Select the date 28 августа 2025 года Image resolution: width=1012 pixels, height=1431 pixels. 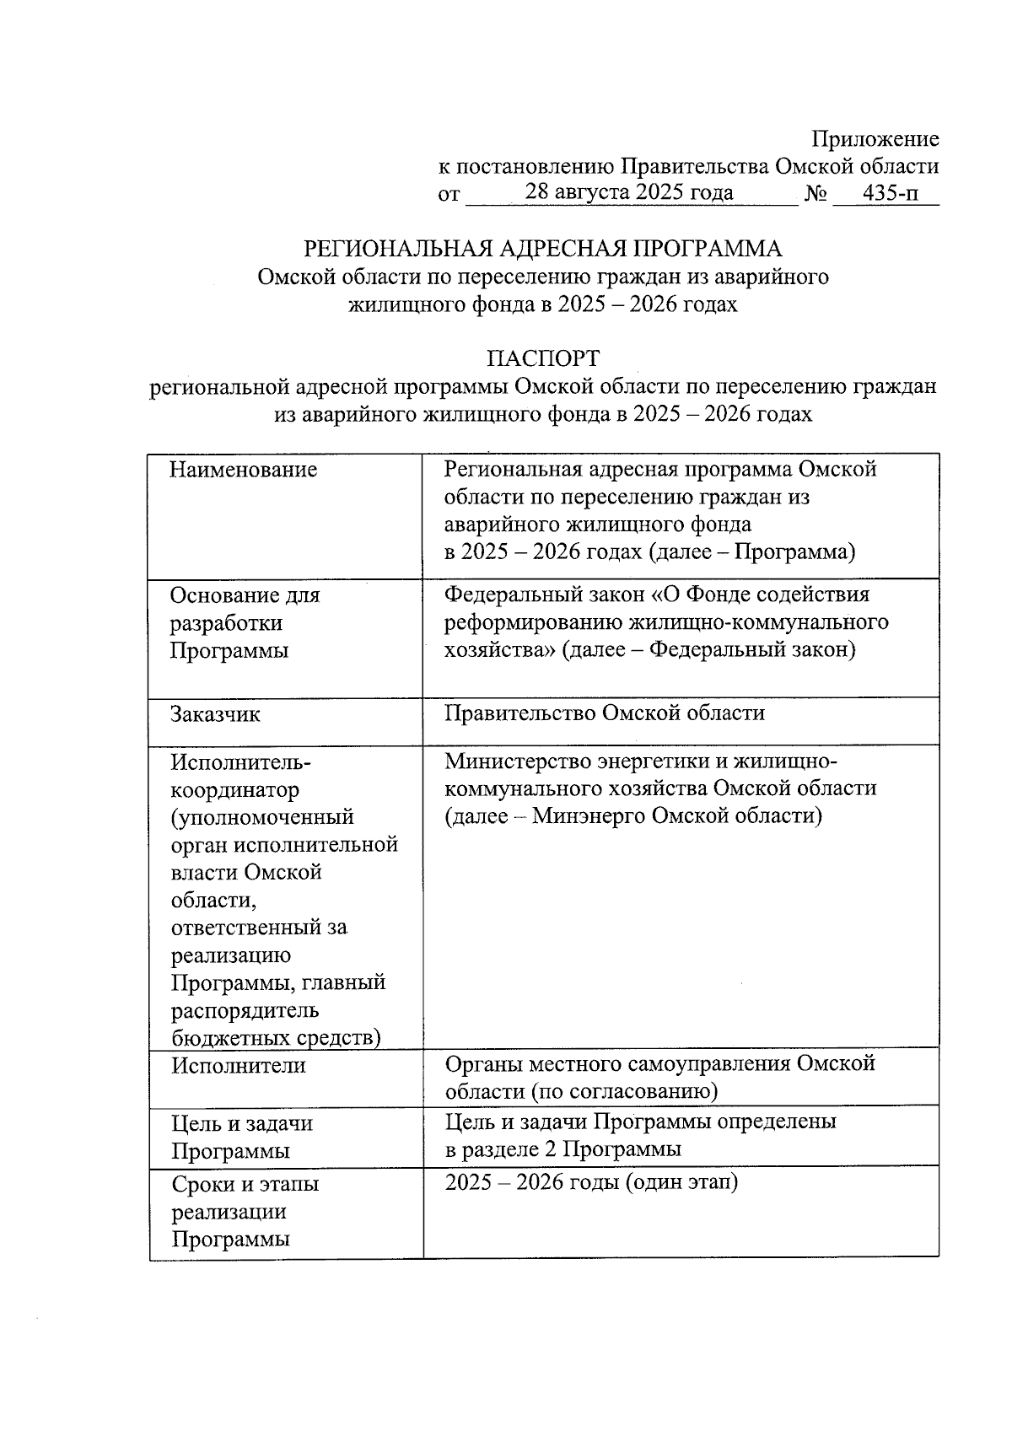pyautogui.click(x=628, y=192)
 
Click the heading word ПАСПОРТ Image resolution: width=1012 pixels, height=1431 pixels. pyautogui.click(x=543, y=358)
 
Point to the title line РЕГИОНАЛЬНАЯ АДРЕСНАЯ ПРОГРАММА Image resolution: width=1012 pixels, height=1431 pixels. pyautogui.click(x=543, y=249)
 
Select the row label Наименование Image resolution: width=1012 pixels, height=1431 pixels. pyautogui.click(x=243, y=470)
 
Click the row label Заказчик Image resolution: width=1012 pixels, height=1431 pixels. pyautogui.click(x=215, y=714)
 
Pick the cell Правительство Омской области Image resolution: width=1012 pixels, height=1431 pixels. pyautogui.click(x=605, y=713)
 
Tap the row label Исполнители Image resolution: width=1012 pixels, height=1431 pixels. pyautogui.click(x=239, y=1065)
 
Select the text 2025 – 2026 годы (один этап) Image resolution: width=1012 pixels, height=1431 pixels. pyautogui.click(x=591, y=1182)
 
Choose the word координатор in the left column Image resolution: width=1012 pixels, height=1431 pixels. pyautogui.click(x=234, y=790)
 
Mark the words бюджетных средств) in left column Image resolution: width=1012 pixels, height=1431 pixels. pyautogui.click(x=276, y=1038)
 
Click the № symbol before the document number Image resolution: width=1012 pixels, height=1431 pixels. pyautogui.click(x=815, y=194)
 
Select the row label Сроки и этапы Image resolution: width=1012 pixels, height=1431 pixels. pyautogui.click(x=245, y=1184)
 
